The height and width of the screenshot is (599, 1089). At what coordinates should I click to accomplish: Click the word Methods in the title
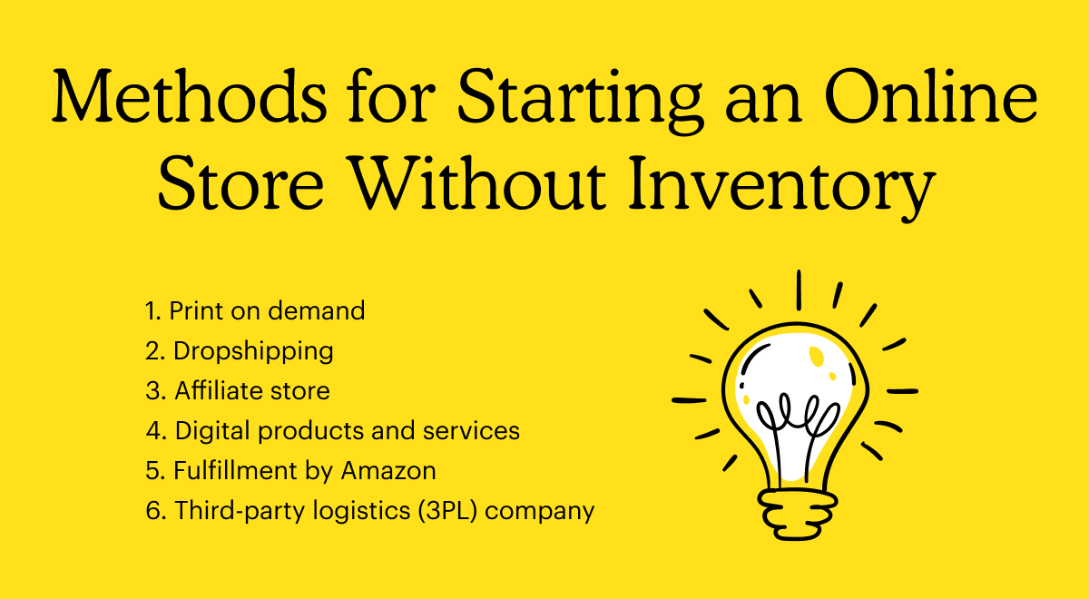pyautogui.click(x=189, y=96)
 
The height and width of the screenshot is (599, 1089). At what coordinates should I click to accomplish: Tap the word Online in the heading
pyautogui.click(x=930, y=96)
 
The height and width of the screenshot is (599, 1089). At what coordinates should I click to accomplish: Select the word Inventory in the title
pyautogui.click(x=782, y=186)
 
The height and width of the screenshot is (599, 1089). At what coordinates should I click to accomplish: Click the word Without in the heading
pyautogui.click(x=478, y=182)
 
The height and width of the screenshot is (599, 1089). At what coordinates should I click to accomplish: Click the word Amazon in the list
pyautogui.click(x=388, y=471)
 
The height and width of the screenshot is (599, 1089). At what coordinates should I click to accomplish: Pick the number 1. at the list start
pyautogui.click(x=153, y=310)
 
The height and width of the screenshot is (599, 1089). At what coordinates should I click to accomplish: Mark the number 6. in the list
pyautogui.click(x=156, y=510)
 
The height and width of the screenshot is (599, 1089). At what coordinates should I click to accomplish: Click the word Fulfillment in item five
pyautogui.click(x=235, y=471)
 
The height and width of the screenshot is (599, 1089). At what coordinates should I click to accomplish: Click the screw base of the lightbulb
pyautogui.click(x=797, y=515)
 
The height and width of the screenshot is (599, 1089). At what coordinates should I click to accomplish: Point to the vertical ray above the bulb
pyautogui.click(x=799, y=290)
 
